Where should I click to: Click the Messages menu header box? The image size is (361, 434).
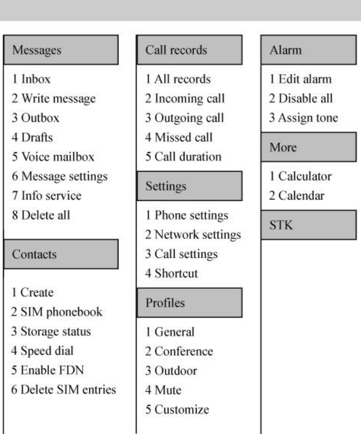tap(61, 50)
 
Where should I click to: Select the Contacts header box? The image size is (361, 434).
tap(61, 254)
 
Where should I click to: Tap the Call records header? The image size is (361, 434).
tap(189, 50)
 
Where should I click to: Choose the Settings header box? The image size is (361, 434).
tap(189, 186)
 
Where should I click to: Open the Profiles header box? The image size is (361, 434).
tap(189, 303)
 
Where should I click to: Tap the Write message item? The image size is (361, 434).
tap(54, 99)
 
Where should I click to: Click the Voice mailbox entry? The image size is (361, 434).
tap(53, 157)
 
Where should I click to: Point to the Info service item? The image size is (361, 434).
tap(47, 196)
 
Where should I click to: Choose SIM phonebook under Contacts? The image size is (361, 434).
tap(57, 312)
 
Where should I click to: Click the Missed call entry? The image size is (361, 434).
tap(179, 137)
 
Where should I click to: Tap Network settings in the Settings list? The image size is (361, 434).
tap(193, 234)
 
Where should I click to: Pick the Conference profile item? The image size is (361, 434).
tap(179, 351)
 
